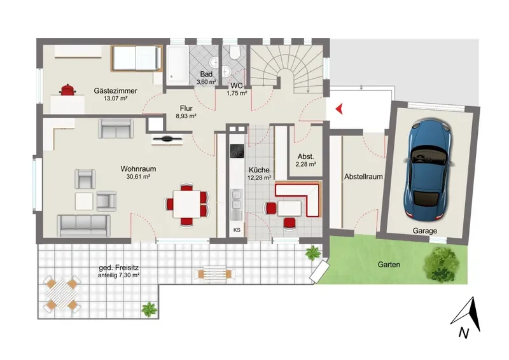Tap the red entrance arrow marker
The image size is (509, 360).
pos(339,109)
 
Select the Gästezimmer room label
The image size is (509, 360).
pos(116,91)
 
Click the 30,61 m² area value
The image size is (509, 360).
pos(138,177)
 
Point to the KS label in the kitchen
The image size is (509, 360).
pos(237,230)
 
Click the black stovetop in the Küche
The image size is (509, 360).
pos(237,151)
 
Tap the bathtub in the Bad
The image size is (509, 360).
pos(178,65)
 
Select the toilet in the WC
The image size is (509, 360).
pos(234,52)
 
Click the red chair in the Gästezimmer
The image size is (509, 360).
pos(67,90)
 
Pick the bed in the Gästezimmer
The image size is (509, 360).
pos(137,58)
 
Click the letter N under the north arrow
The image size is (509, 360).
pos(464,333)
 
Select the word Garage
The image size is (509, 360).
pos(424,231)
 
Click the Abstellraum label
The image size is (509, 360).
pos(363,177)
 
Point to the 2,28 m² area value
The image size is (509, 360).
pos(306,164)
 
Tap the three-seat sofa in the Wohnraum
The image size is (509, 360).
pos(84,225)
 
